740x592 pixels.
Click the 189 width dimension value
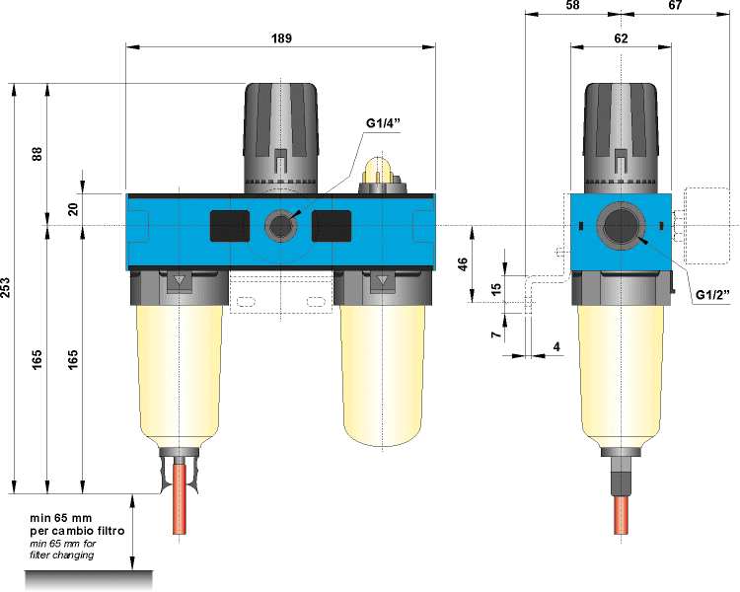pos(281,37)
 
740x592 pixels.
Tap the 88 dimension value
pos(37,155)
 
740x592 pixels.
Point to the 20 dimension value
pos(73,209)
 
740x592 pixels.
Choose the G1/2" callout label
pos(712,294)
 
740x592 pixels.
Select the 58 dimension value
pos(572,6)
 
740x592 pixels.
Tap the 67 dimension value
pos(675,6)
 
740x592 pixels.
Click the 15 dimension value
pos(495,288)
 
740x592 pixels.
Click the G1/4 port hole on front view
pos(282,226)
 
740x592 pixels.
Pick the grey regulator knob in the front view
pos(282,133)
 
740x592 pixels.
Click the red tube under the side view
pos(622,513)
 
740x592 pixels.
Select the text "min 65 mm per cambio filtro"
pos(75,524)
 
